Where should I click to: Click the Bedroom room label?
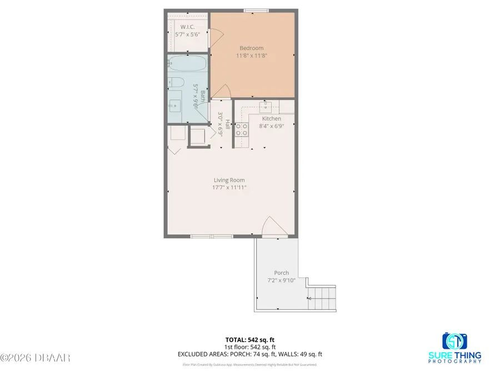251,48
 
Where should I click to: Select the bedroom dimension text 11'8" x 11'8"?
251,56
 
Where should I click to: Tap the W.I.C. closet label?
187,26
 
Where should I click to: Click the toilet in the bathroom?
176,83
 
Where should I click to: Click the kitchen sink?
266,106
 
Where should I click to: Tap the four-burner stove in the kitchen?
242,129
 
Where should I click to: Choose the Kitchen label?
271,119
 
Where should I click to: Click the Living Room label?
229,180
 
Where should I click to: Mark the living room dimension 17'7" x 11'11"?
229,188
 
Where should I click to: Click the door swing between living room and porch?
268,227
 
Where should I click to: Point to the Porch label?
281,273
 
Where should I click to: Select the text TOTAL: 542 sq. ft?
250,339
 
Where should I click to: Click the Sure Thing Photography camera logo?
455,341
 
